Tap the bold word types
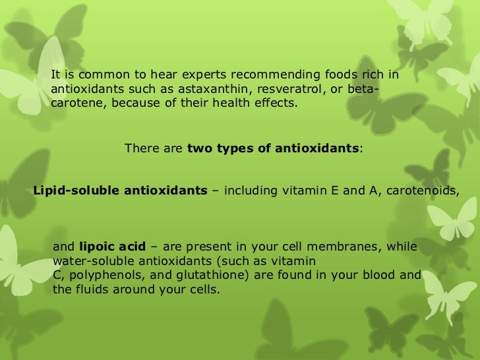pyautogui.click(x=230, y=149)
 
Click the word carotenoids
pyautogui.click(x=421, y=191)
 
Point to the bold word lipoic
pyautogui.click(x=97, y=247)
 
